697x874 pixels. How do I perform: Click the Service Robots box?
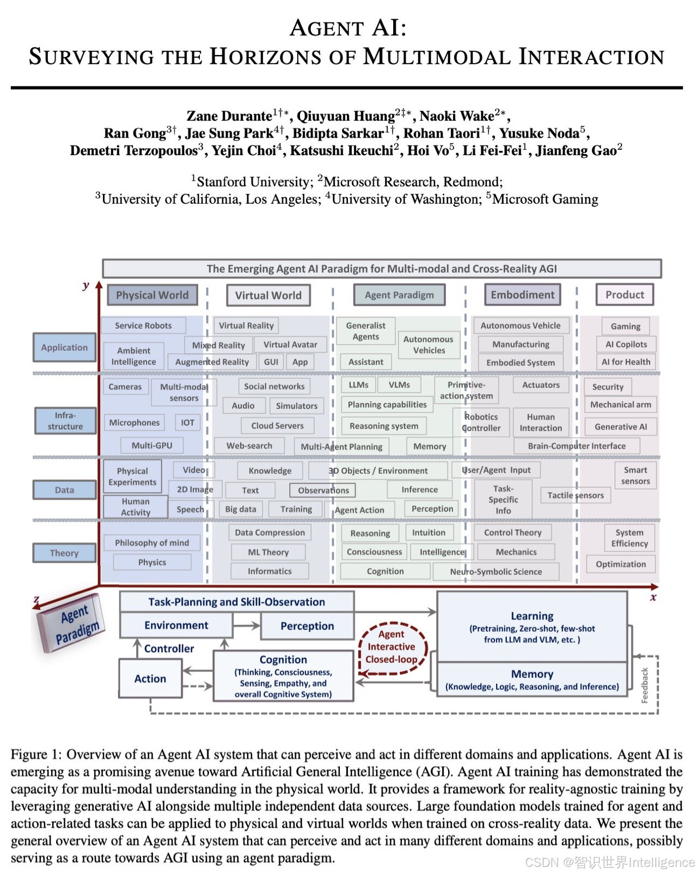[x=143, y=326]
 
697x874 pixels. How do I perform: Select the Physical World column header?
[x=152, y=295]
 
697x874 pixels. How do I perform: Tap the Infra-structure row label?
[x=65, y=421]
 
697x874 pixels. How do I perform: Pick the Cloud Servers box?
[x=277, y=426]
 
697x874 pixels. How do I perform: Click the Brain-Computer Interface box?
[x=576, y=446]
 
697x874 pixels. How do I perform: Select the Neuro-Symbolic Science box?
[x=496, y=572]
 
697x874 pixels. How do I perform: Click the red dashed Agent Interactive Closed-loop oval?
[x=392, y=647]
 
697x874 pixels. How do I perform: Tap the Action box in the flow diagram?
[x=150, y=679]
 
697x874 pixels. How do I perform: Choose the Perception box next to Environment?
[x=307, y=626]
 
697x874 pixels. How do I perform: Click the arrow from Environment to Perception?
[x=247, y=626]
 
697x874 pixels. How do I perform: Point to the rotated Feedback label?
[x=645, y=685]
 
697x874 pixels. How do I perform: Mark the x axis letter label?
[x=653, y=597]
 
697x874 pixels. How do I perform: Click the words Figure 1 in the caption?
[x=35, y=755]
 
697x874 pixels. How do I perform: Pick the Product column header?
[x=625, y=295]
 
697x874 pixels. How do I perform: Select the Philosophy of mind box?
[x=152, y=543]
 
